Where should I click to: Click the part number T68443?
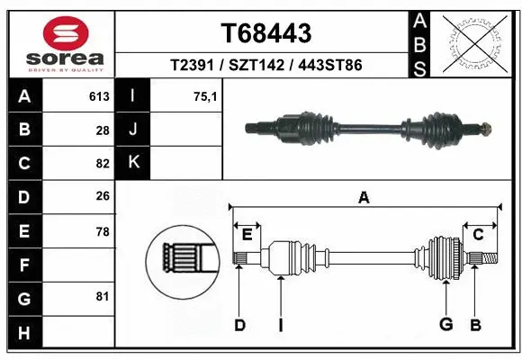pos(266,33)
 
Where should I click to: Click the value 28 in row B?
pos(102,130)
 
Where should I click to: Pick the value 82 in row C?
pos(102,164)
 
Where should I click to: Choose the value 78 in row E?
pos(102,231)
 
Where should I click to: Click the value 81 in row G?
pos(102,295)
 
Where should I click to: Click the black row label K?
pos(134,163)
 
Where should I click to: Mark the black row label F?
pos(23,265)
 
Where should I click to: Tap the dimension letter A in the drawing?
pos(364,197)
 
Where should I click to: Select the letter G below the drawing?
pos(445,325)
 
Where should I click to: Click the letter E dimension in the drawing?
pos(247,234)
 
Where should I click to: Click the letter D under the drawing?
pos(240,325)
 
